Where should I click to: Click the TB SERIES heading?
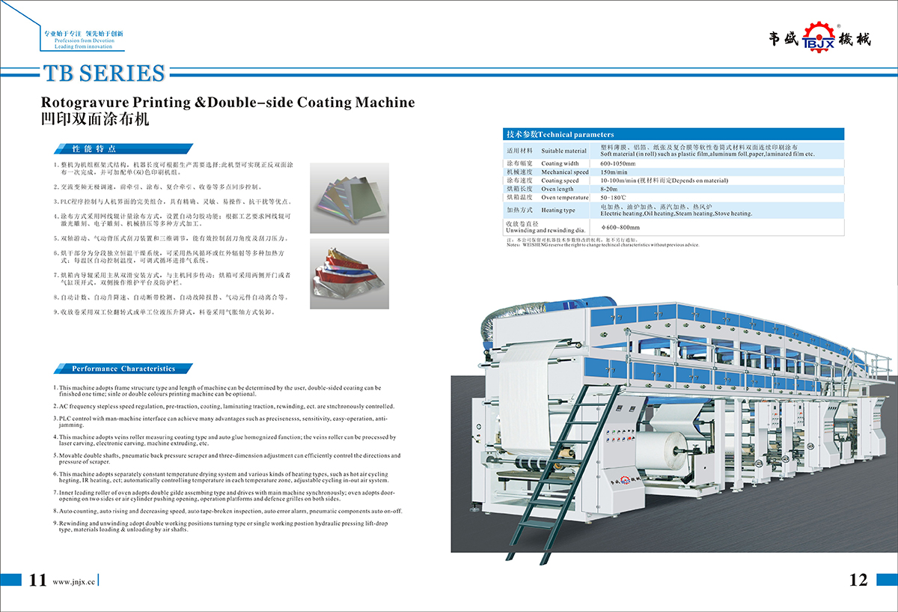(104, 73)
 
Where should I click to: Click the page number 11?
(38, 580)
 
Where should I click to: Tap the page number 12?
(858, 580)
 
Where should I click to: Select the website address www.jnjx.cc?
(75, 581)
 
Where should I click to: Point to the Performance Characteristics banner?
(123, 369)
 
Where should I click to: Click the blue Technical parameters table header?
(673, 134)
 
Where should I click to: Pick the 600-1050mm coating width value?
(617, 163)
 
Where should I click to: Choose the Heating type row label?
(558, 210)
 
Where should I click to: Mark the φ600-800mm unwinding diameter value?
(620, 227)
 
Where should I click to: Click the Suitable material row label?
(563, 151)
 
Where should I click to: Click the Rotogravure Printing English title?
(227, 103)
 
